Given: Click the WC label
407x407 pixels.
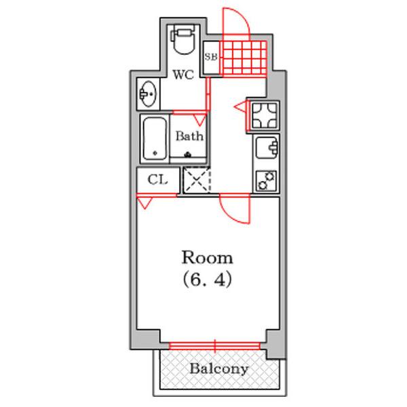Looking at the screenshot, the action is [x=183, y=75].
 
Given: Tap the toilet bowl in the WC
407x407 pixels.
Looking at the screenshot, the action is [x=184, y=40].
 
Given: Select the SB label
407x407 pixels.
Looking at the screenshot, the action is [x=210, y=56].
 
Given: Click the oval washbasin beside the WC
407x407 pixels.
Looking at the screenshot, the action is [x=148, y=94].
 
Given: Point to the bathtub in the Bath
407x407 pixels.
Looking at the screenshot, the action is [x=155, y=138].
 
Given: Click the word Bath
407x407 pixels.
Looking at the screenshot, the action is [x=189, y=136].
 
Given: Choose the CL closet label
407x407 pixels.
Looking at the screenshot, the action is [x=158, y=179].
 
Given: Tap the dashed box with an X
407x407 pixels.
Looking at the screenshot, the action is [x=197, y=180].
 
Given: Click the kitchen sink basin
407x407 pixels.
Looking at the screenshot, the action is [x=267, y=147].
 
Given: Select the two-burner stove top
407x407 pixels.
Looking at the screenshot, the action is [x=267, y=180].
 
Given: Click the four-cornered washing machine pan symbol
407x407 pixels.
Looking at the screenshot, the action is [x=265, y=115].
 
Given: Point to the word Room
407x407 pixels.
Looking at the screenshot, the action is [x=207, y=258].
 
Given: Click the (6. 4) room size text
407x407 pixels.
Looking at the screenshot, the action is [x=207, y=279].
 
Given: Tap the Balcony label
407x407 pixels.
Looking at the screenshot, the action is [x=219, y=369].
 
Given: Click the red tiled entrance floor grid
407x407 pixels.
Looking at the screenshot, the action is [x=244, y=59].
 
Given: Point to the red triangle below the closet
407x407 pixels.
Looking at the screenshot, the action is [x=144, y=203].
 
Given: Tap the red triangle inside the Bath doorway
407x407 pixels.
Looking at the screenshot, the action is [x=200, y=120].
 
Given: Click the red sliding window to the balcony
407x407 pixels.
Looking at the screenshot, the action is [x=214, y=346].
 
